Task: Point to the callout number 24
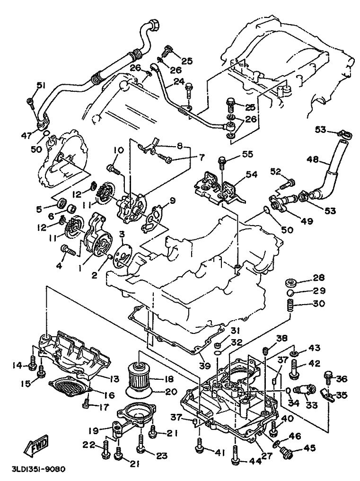(178, 81)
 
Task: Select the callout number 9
(173, 200)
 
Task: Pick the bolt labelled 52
(287, 183)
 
